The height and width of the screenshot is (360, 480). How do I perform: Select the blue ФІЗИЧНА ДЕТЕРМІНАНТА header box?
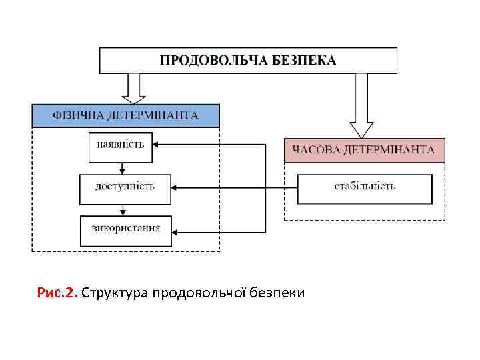point(125,115)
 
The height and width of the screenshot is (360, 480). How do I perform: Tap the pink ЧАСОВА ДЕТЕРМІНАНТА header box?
point(364,150)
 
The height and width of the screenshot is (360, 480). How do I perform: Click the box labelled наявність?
point(121,147)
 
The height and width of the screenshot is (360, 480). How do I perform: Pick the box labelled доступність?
point(125,189)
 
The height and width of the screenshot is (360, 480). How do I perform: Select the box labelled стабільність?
point(364,189)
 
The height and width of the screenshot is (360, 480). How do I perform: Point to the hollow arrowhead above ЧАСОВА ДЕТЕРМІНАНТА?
point(362,129)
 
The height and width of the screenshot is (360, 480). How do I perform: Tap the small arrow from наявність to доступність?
point(121,169)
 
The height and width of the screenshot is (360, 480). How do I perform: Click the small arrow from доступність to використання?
point(121,211)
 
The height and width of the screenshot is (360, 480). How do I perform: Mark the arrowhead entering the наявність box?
point(158,144)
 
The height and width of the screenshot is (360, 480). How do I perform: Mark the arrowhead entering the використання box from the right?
point(176,232)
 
